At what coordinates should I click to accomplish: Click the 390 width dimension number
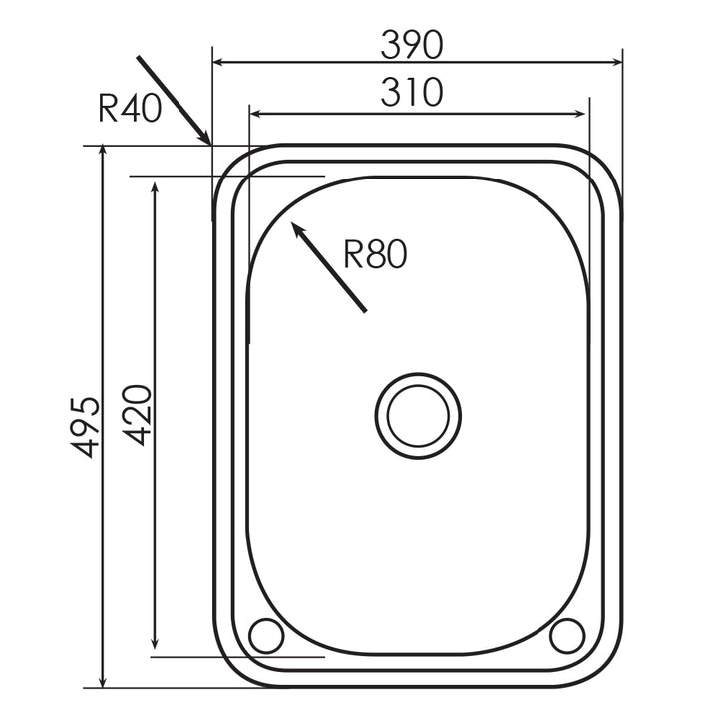411,43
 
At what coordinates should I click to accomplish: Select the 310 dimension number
411,93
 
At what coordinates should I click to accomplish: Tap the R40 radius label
130,108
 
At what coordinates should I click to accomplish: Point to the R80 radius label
375,255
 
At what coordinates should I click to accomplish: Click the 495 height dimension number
89,426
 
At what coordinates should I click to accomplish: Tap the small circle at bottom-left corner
267,634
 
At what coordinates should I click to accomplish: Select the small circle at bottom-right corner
567,634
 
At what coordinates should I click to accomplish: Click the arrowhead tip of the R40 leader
209,143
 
